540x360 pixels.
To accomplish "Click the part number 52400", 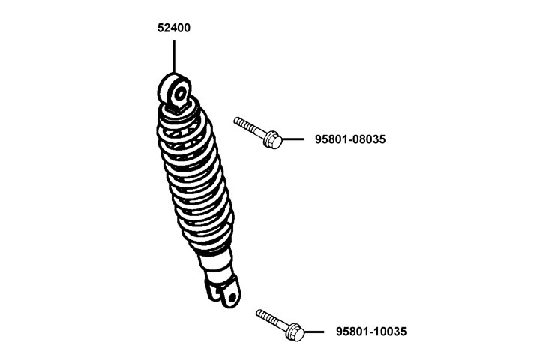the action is click(x=173, y=28).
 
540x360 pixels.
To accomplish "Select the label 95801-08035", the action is click(x=350, y=139).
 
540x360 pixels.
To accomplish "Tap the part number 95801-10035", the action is click(x=371, y=331).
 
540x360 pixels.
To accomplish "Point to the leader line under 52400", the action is click(x=174, y=57).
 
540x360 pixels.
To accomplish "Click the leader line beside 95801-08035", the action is click(x=293, y=139).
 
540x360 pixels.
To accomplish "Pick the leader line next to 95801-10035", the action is click(x=313, y=331).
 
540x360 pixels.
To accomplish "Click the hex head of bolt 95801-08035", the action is click(x=274, y=139).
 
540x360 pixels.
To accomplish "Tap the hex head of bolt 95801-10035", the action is click(x=295, y=332).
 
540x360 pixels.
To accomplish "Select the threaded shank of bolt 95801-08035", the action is click(x=250, y=127).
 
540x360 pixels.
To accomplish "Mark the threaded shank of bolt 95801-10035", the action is click(x=272, y=319).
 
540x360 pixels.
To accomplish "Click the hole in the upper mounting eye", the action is click(x=180, y=94).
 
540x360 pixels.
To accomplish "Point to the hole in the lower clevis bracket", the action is click(x=233, y=298).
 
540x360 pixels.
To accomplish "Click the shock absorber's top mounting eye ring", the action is click(x=174, y=91).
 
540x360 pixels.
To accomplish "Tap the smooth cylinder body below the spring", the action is click(x=216, y=266).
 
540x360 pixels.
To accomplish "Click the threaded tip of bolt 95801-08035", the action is click(x=236, y=120).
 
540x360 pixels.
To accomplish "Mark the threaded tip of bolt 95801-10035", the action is click(x=258, y=312).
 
